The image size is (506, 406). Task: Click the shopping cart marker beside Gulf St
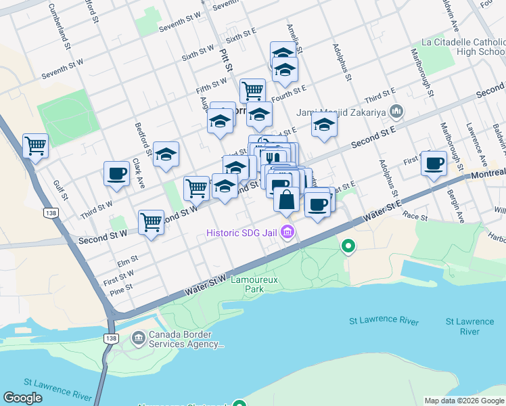point(35,144)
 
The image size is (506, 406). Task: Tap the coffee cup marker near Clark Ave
point(116,173)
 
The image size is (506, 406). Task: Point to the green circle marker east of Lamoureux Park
point(348,246)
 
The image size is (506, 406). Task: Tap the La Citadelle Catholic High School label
point(463,47)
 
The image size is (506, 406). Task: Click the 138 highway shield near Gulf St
point(49,213)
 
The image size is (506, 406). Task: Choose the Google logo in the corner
point(23,398)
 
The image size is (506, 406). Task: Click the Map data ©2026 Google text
point(464,401)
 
